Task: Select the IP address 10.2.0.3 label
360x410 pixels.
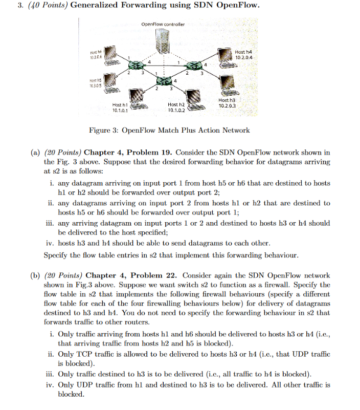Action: (227, 105)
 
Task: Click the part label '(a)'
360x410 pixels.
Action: (35, 153)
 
